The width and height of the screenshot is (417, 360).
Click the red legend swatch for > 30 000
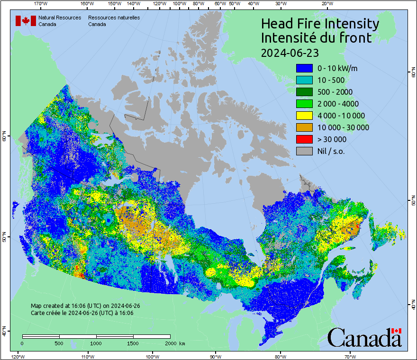pyautogui.click(x=304, y=139)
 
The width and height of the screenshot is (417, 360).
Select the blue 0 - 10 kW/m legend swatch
pyautogui.click(x=304, y=68)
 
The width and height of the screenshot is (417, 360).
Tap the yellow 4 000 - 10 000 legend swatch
pyautogui.click(x=304, y=116)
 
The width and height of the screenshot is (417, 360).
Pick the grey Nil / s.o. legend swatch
pyautogui.click(x=304, y=151)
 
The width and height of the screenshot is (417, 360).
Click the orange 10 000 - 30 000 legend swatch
pyautogui.click(x=304, y=127)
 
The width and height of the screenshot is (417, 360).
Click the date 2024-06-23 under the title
pyautogui.click(x=290, y=52)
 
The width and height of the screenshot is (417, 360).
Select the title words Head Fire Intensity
pyautogui.click(x=320, y=24)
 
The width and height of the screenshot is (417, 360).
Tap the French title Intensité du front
pyautogui.click(x=317, y=38)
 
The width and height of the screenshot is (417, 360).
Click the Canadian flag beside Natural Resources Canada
pyautogui.click(x=26, y=21)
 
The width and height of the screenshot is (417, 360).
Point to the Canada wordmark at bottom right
pyautogui.click(x=364, y=338)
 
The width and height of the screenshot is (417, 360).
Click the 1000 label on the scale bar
pyautogui.click(x=96, y=343)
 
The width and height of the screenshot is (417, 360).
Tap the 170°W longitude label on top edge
pyautogui.click(x=41, y=3)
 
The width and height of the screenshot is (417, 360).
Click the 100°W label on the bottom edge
pyautogui.click(x=152, y=356)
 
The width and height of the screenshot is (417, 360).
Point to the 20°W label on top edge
pyautogui.click(x=326, y=3)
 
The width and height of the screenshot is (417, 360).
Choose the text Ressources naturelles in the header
pyautogui.click(x=114, y=18)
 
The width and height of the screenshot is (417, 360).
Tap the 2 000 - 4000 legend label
pyautogui.click(x=338, y=104)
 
